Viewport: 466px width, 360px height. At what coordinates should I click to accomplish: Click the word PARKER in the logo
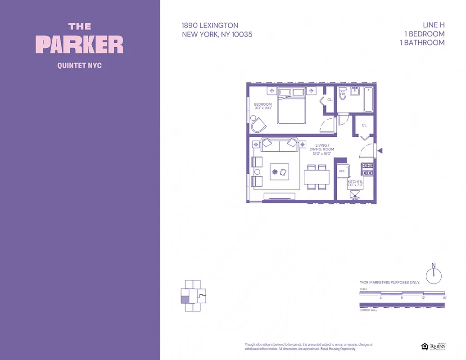tap(80, 45)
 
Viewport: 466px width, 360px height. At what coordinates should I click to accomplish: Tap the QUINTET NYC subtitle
tap(80, 66)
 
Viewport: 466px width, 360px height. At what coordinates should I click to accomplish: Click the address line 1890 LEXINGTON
tap(210, 26)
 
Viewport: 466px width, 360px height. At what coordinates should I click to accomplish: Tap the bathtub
tap(368, 99)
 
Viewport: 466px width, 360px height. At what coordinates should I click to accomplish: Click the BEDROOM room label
tap(263, 104)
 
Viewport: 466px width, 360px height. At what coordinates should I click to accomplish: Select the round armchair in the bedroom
tap(258, 124)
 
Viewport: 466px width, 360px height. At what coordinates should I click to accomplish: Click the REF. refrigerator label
tap(342, 171)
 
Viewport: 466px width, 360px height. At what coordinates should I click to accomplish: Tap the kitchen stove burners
tap(368, 169)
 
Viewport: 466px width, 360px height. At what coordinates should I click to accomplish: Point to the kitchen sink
tap(355, 194)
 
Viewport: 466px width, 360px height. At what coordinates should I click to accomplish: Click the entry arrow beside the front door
tap(380, 151)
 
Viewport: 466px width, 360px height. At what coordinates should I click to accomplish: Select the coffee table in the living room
tap(279, 171)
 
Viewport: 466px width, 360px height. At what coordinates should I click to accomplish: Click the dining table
tap(316, 177)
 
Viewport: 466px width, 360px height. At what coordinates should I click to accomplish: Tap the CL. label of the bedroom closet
tap(330, 99)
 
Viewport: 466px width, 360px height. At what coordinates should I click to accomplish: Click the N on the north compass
tap(434, 265)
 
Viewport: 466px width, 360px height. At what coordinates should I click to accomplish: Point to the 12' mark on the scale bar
tap(423, 298)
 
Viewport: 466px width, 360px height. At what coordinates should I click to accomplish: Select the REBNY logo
tap(436, 346)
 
